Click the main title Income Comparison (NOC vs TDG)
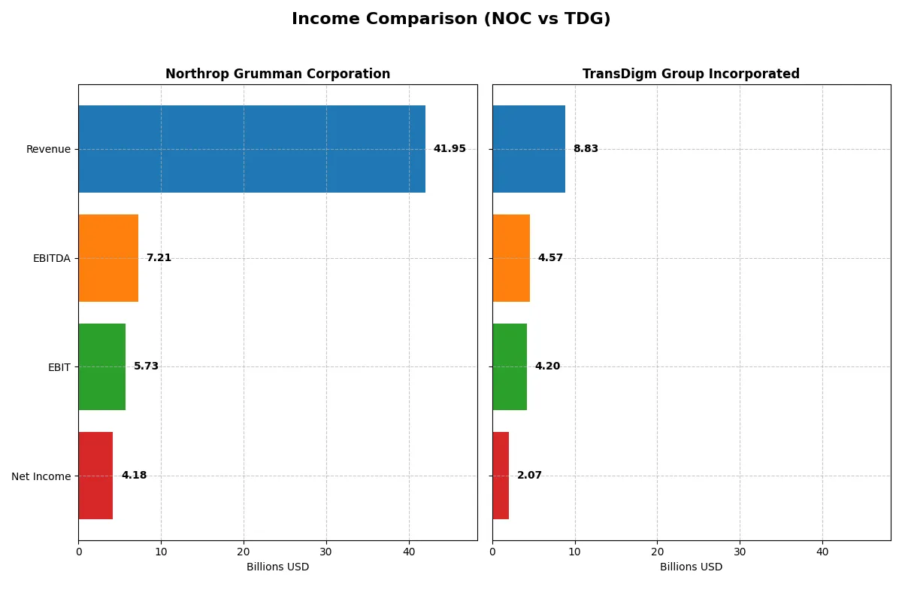coord(451,20)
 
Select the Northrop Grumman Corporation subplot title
coord(277,74)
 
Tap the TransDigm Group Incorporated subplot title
coord(691,74)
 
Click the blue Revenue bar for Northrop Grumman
coord(252,149)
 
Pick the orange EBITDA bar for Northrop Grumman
coord(108,258)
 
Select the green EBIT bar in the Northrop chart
coord(102,366)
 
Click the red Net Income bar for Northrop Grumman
coord(95,476)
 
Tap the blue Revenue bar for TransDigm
coord(528,149)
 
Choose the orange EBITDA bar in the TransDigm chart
coord(511,258)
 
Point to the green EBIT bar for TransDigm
coord(510,366)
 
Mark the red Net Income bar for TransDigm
coord(501,476)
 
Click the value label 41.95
coord(449,149)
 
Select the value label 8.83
coord(586,149)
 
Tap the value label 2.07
coord(529,476)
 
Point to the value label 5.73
coord(146,366)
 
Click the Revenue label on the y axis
coord(48,150)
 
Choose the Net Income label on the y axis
coord(41,476)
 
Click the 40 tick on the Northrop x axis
coord(409,552)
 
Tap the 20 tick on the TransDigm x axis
coord(657,552)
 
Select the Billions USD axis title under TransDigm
coord(691,567)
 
